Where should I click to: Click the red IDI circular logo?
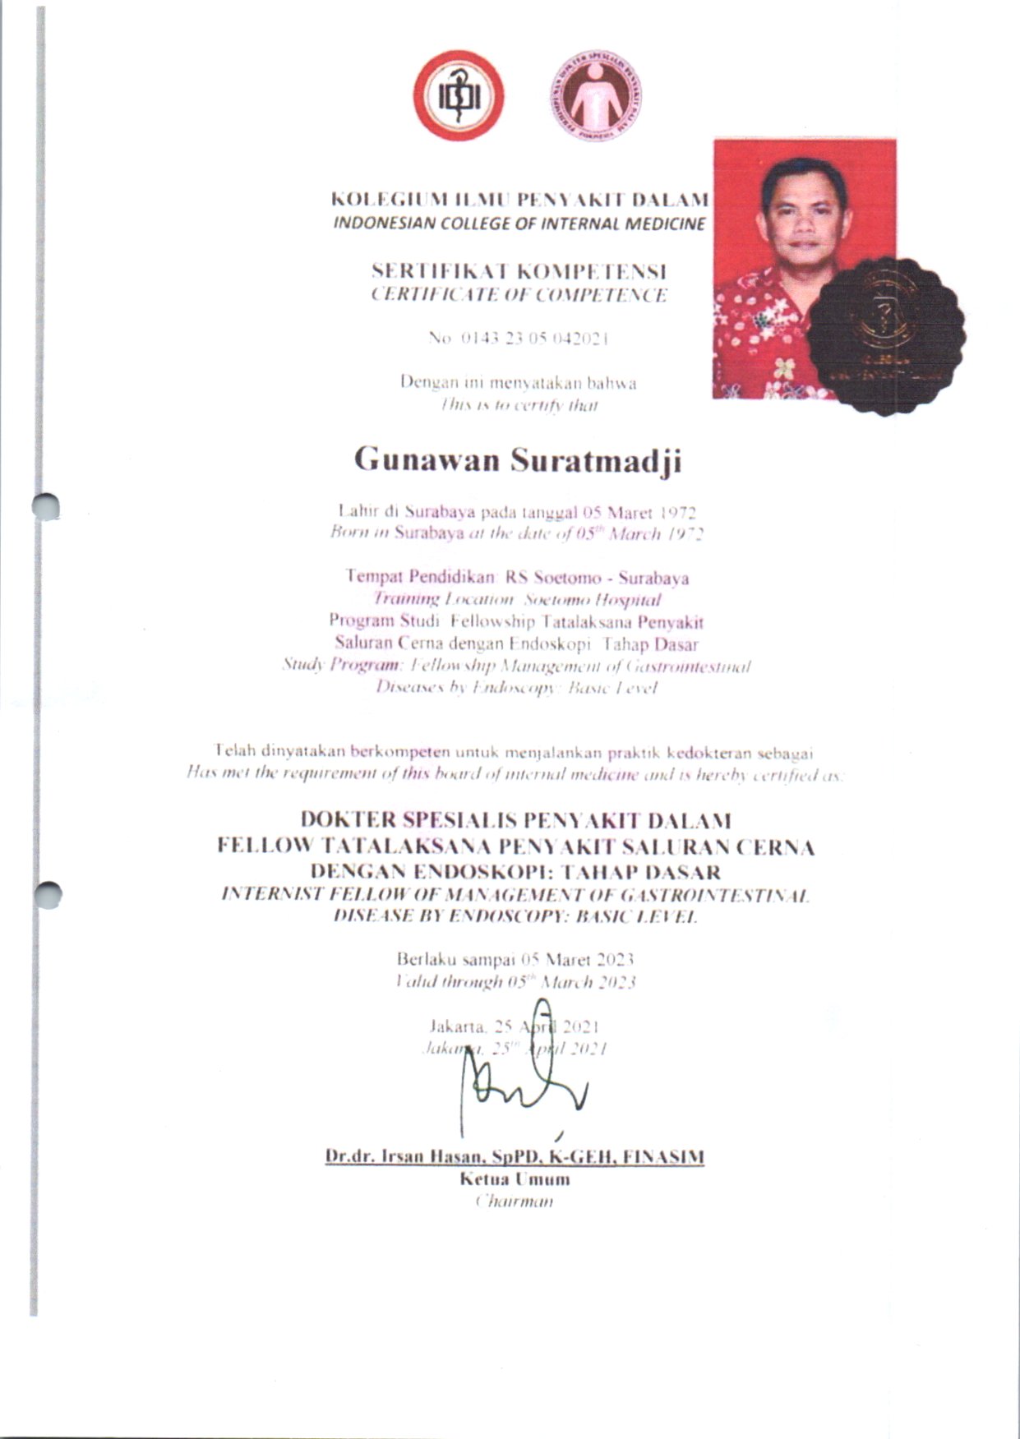pyautogui.click(x=458, y=95)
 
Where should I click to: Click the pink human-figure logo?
pyautogui.click(x=596, y=95)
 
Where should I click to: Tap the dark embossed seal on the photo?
pyautogui.click(x=886, y=334)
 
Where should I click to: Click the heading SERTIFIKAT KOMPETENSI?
pyautogui.click(x=519, y=271)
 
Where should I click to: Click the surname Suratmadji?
pyautogui.click(x=596, y=461)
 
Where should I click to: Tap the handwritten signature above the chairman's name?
pyautogui.click(x=526, y=1077)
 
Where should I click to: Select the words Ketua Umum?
pyautogui.click(x=515, y=1179)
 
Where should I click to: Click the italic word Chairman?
pyautogui.click(x=515, y=1201)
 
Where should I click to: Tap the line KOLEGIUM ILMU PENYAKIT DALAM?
pyautogui.click(x=519, y=200)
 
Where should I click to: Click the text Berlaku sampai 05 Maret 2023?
pyautogui.click(x=515, y=959)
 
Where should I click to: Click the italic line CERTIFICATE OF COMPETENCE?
pyautogui.click(x=519, y=295)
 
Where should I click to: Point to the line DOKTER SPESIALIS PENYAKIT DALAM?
pyautogui.click(x=515, y=820)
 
